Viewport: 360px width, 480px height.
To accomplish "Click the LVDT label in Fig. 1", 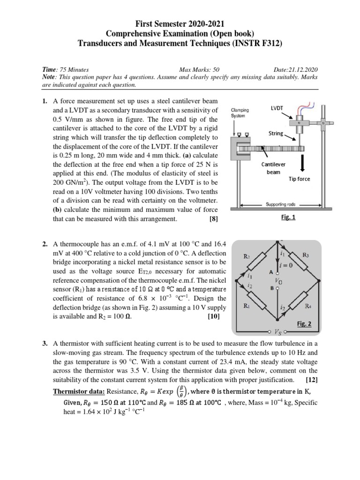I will (x=276, y=108).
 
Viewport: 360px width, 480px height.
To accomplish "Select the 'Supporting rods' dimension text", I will (x=277, y=205).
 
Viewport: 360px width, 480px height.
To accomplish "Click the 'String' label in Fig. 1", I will (x=276, y=134).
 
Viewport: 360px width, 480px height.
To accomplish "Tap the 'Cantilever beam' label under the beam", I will (x=272, y=168).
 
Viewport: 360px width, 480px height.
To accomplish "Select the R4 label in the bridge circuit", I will (x=308, y=307).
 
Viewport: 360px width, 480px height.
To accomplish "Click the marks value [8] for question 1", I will (x=214, y=218).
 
